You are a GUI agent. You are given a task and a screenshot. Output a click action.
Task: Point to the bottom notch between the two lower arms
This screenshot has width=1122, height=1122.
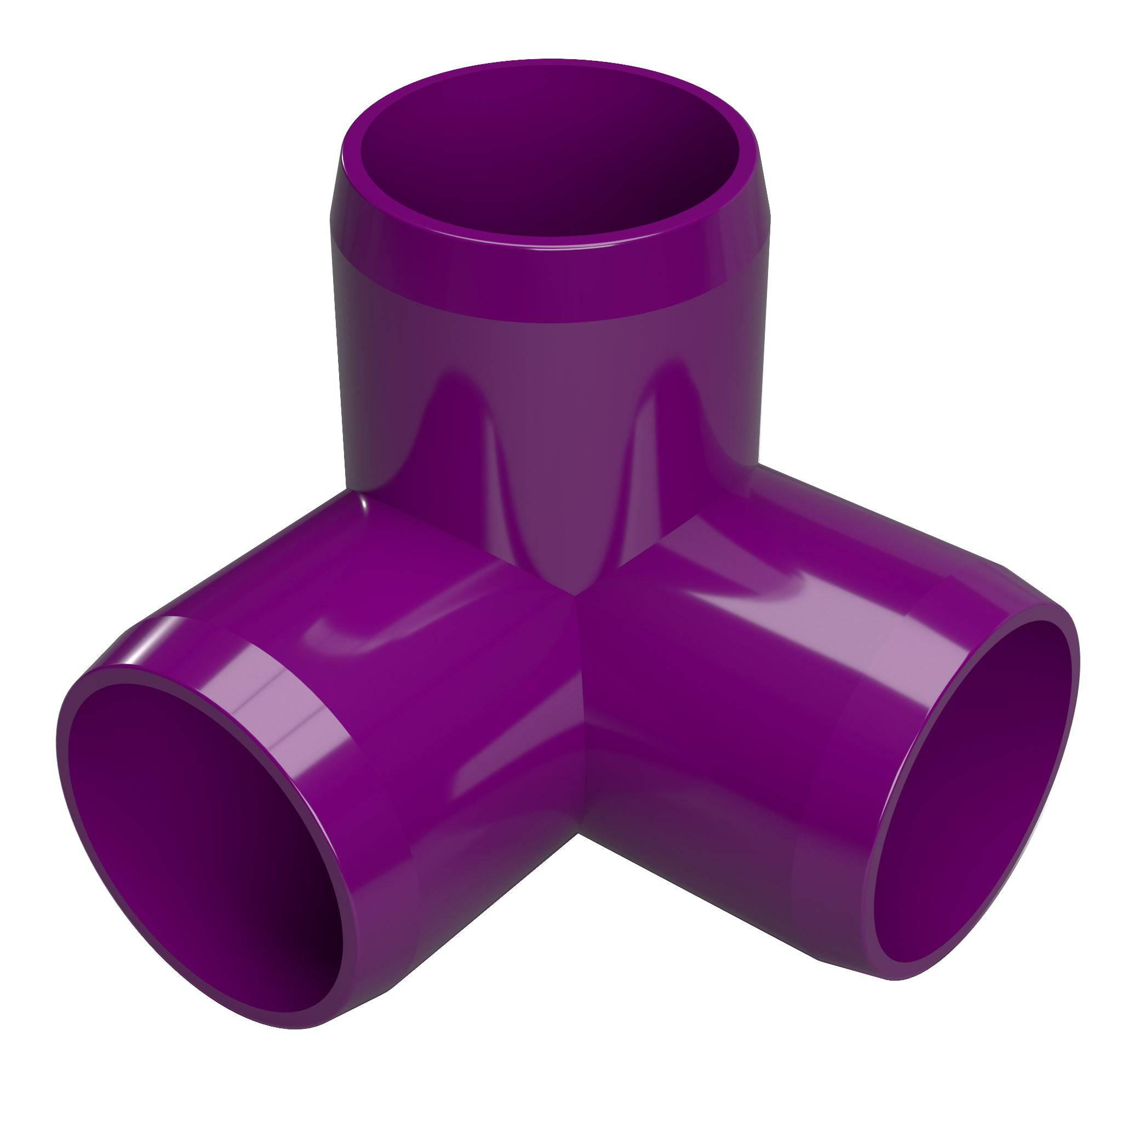point(581,836)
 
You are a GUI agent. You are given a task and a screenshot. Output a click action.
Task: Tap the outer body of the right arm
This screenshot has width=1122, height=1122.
point(726,697)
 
